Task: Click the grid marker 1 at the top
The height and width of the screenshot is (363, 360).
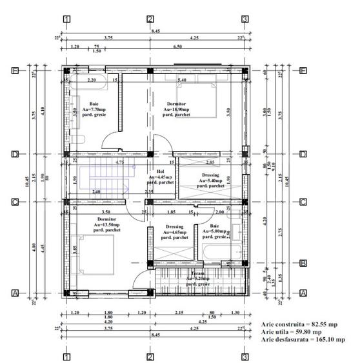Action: pos(66,19)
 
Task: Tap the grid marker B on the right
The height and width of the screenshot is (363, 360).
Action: pos(303,262)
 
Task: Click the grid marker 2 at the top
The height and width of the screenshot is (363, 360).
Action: pos(150,19)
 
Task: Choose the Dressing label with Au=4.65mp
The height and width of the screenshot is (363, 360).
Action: pos(175,231)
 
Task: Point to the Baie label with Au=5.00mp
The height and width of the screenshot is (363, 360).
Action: pos(214,231)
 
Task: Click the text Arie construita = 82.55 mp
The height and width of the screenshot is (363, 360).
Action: pos(299,324)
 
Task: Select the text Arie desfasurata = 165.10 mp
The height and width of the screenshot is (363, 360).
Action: pos(303,339)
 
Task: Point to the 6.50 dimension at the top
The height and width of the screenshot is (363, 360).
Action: pos(194,47)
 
